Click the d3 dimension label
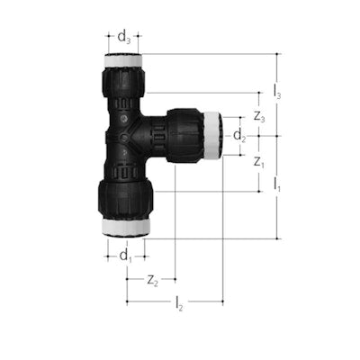124,38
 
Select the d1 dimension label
126,256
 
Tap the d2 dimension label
239,136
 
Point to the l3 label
277,92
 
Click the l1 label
277,184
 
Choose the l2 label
179,303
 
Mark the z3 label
259,116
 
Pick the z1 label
259,162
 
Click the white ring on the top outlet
123,60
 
